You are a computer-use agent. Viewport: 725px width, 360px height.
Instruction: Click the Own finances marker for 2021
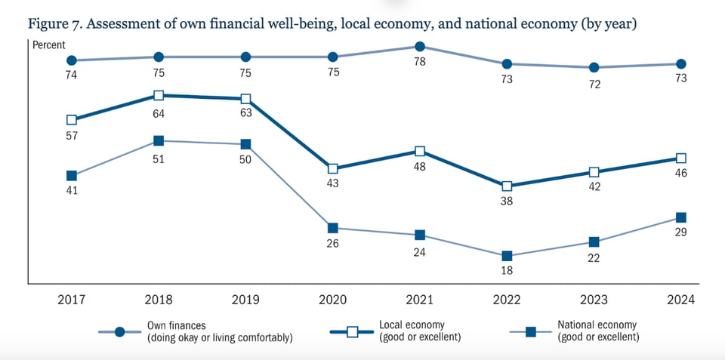pyautogui.click(x=420, y=47)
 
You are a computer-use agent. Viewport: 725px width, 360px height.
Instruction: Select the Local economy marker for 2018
pyautogui.click(x=159, y=96)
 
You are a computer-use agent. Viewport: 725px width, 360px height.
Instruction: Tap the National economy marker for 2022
pyautogui.click(x=507, y=256)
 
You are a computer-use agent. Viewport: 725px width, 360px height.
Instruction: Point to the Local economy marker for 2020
pyautogui.click(x=333, y=168)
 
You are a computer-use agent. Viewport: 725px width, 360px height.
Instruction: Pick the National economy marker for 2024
pyautogui.click(x=681, y=217)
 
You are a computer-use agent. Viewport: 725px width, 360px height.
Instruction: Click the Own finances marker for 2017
pyautogui.click(x=72, y=60)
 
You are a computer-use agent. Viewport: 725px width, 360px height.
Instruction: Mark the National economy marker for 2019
pyautogui.click(x=246, y=144)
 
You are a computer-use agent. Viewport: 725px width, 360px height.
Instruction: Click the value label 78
pyautogui.click(x=420, y=63)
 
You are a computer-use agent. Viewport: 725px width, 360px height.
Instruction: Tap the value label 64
pyautogui.click(x=159, y=113)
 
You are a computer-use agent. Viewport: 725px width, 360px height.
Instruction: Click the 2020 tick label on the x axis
pyautogui.click(x=333, y=300)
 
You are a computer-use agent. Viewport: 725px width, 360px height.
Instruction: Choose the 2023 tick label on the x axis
pyautogui.click(x=594, y=300)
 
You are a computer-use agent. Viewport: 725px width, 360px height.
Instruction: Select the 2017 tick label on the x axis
pyautogui.click(x=72, y=300)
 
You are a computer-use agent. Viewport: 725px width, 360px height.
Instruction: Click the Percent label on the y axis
pyautogui.click(x=49, y=45)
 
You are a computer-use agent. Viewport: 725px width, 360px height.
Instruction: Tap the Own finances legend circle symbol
pyautogui.click(x=119, y=332)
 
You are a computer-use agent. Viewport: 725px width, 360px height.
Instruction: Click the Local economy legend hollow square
pyautogui.click(x=352, y=332)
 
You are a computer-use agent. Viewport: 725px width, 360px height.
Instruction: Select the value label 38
pyautogui.click(x=507, y=202)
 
